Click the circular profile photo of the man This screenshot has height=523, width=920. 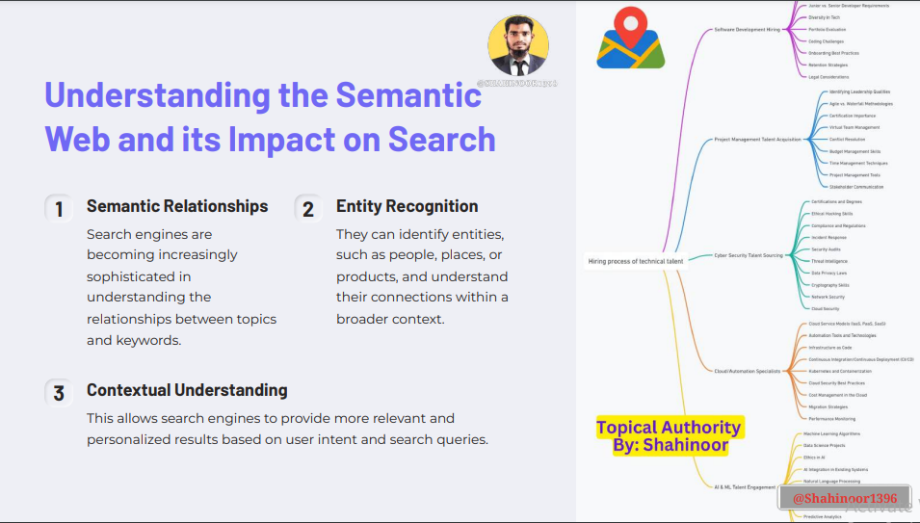(x=518, y=45)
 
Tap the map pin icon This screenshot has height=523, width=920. (x=630, y=39)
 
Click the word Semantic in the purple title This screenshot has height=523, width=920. (x=399, y=95)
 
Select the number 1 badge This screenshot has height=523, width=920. (x=59, y=208)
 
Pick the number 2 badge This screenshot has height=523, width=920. (x=308, y=208)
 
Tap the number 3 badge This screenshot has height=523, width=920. (x=59, y=393)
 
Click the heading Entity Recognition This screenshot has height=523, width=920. (x=407, y=206)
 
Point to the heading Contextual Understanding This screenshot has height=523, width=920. (x=187, y=390)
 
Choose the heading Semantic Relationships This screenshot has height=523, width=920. (x=177, y=206)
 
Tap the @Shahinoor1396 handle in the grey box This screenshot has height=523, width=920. (x=844, y=499)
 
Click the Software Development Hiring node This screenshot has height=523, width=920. (x=747, y=30)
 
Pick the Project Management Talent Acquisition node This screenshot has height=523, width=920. (x=757, y=140)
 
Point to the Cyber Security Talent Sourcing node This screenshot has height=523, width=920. (x=748, y=255)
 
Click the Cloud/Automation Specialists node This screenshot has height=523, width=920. (x=747, y=371)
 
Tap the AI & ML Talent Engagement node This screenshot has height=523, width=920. (x=745, y=487)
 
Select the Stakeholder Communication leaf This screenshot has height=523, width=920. (x=855, y=187)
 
